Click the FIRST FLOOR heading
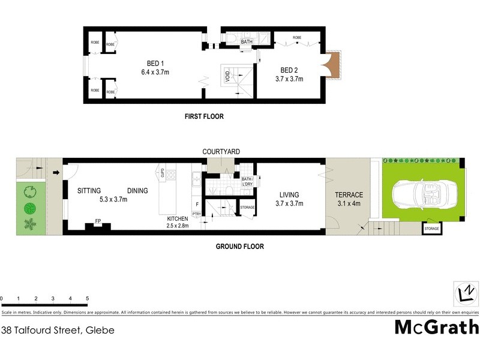[x=204, y=116]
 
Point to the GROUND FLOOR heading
[x=241, y=246]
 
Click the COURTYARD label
[x=221, y=152]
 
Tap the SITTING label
[x=89, y=191]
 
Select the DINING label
[x=137, y=191]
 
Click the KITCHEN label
[x=178, y=219]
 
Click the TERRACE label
[x=349, y=195]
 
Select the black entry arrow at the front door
[x=56, y=173]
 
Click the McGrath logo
[x=437, y=327]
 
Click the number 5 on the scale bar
[x=88, y=298]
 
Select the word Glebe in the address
[x=100, y=330]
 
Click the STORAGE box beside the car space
[x=431, y=229]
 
